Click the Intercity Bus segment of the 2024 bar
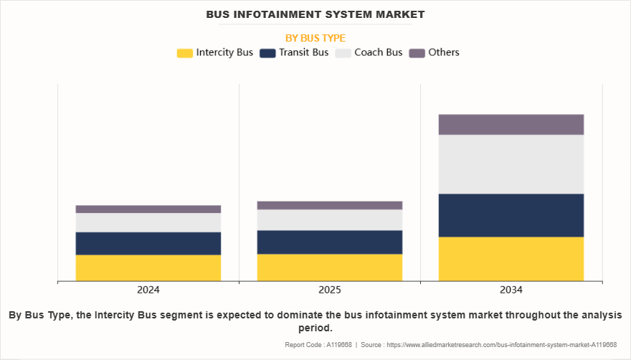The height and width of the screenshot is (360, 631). (x=148, y=267)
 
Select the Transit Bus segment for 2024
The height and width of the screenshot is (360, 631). (x=148, y=243)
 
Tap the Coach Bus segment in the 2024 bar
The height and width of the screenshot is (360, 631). (x=148, y=222)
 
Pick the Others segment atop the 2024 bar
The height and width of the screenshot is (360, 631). (x=148, y=209)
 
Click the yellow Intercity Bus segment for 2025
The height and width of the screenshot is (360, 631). (x=330, y=267)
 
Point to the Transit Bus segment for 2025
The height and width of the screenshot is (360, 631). (x=330, y=242)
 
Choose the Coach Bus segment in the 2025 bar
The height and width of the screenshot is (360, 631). (x=330, y=219)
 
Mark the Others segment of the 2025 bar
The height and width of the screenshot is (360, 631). (x=330, y=205)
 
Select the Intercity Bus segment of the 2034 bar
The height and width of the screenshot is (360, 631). (x=511, y=258)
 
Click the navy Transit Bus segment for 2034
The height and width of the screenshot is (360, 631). (x=511, y=215)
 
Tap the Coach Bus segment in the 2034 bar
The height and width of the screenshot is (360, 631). (x=511, y=164)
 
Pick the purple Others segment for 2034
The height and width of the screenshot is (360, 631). (x=511, y=125)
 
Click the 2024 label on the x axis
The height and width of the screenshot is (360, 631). (x=148, y=290)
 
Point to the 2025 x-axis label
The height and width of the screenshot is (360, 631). (x=330, y=290)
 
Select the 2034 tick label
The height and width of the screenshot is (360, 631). (x=511, y=290)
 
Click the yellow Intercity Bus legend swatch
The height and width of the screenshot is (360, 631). (x=185, y=52)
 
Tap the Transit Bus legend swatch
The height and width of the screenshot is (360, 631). (x=267, y=52)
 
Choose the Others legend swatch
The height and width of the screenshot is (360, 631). (x=417, y=52)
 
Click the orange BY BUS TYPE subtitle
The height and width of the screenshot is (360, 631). (x=315, y=37)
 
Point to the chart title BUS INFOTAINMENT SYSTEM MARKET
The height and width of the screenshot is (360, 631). (x=315, y=14)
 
